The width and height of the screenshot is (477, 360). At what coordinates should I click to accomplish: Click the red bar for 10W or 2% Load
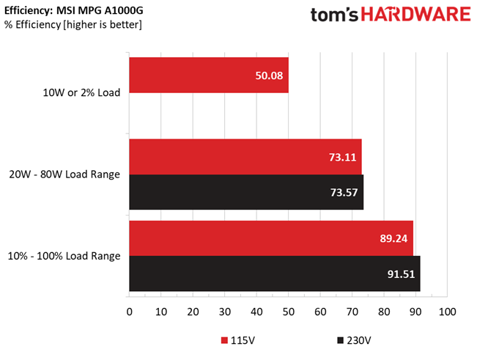[208, 76]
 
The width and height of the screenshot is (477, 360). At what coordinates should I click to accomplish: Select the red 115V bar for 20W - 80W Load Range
[245, 156]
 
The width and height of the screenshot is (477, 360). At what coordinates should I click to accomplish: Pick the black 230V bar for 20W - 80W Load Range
[246, 192]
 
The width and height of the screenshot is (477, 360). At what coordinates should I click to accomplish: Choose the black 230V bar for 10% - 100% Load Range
[274, 273]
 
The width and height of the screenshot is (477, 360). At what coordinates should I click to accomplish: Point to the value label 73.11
[341, 156]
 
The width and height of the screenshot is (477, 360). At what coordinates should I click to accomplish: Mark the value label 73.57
[343, 192]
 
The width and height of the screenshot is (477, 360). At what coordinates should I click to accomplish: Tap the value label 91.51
[400, 273]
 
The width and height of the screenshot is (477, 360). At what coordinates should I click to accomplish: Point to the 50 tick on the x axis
[288, 312]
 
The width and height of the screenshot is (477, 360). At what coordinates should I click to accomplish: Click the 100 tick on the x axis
[447, 312]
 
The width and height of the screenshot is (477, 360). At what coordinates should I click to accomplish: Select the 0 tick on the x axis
[130, 312]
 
